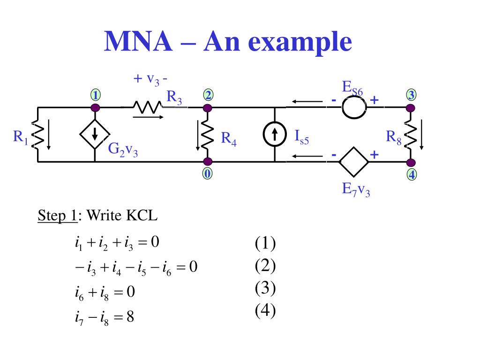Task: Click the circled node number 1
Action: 96,95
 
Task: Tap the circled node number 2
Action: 208,95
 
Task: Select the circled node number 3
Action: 411,95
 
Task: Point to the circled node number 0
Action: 207,173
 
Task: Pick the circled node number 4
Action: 412,174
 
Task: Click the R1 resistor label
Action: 21,137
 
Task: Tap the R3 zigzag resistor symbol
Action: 147,107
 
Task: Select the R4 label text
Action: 229,139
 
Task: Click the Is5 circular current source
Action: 275,134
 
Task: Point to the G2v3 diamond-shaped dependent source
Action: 95,134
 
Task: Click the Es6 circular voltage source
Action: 354,107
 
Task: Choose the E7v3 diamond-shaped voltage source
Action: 353,162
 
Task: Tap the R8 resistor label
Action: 393,137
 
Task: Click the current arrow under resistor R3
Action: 148,117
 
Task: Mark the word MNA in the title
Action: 138,41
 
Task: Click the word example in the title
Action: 300,43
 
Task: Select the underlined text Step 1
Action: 57,216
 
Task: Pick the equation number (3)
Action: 265,288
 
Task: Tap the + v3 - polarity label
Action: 150,80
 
